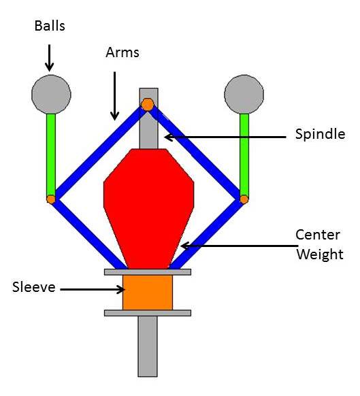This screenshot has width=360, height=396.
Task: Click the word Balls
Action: (x=50, y=26)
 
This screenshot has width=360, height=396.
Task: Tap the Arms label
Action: (x=122, y=52)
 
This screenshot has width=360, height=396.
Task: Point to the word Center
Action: (x=318, y=235)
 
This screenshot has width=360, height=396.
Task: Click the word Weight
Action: (x=320, y=254)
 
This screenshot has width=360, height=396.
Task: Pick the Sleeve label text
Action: (x=34, y=287)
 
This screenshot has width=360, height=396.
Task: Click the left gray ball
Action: (x=51, y=94)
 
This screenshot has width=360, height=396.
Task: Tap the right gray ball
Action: (x=244, y=94)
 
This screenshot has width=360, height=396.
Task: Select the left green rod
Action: (x=51, y=154)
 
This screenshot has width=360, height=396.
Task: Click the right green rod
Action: (x=244, y=154)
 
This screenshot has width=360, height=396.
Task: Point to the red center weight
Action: (x=149, y=209)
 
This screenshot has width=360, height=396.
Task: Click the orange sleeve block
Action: (x=148, y=293)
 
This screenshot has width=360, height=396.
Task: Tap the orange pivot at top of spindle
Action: (x=148, y=105)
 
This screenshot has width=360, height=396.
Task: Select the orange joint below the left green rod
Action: (x=51, y=199)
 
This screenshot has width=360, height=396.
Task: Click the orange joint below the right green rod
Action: (x=244, y=199)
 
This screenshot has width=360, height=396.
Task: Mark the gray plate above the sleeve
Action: (x=148, y=272)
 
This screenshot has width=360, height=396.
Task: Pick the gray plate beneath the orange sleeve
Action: (x=148, y=313)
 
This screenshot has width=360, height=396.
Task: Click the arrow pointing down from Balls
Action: (x=49, y=58)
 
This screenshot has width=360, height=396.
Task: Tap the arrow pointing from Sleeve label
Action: (x=93, y=289)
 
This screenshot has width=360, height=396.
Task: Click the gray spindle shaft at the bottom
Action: (x=148, y=346)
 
